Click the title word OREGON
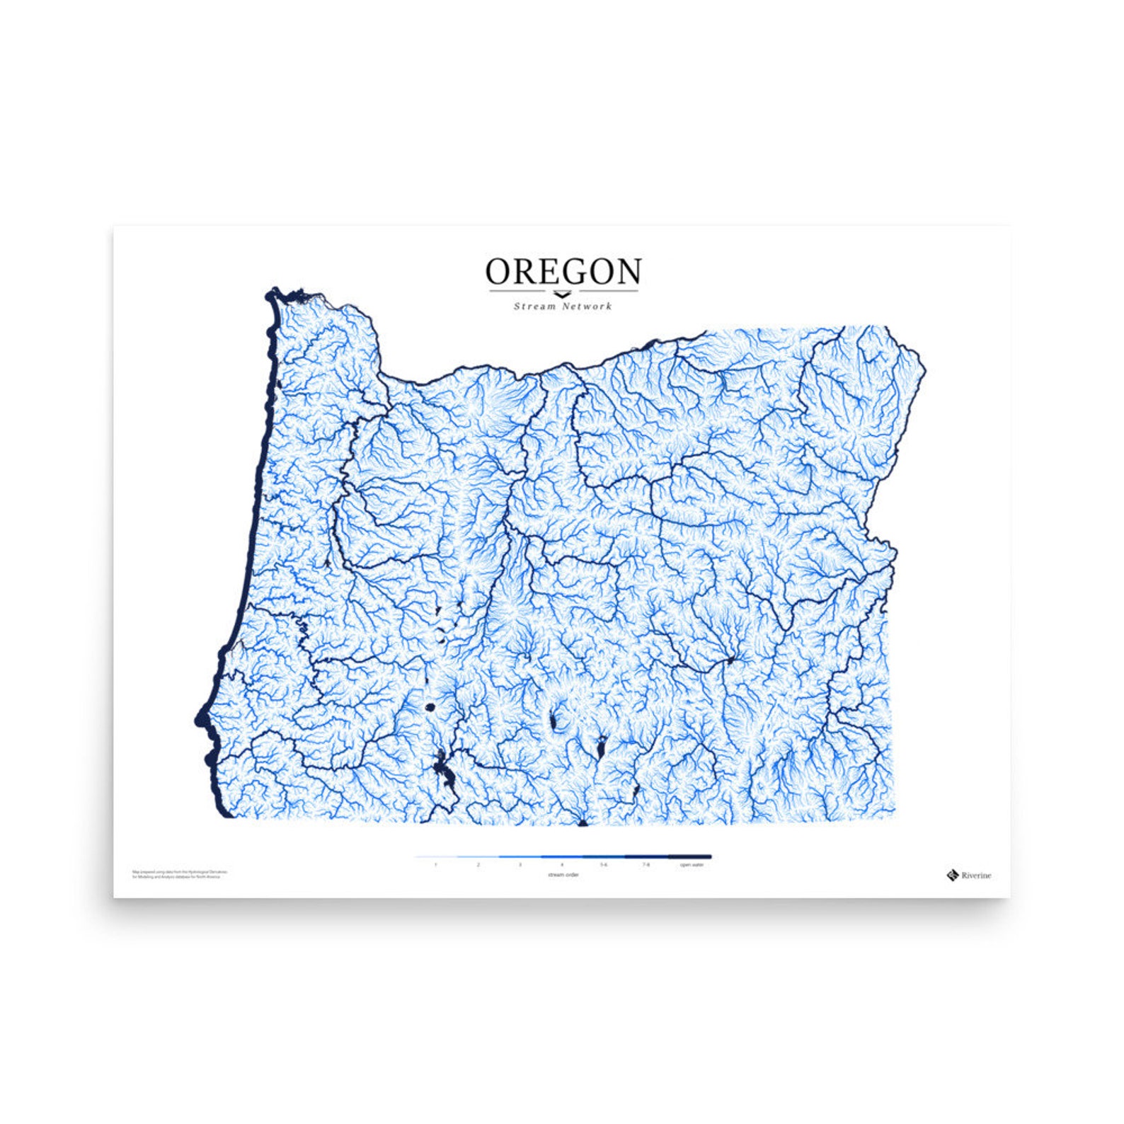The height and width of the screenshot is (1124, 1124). coord(563,271)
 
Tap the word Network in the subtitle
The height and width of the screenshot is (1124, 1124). coord(587,306)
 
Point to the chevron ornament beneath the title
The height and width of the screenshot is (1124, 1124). coord(562,294)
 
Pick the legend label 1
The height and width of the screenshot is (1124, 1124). coord(435,865)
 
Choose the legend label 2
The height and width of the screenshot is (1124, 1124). coord(478,865)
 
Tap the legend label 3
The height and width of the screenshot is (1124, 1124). coord(520,865)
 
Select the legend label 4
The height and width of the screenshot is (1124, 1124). coord(562,865)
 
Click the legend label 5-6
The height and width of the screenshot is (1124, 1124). coord(604,865)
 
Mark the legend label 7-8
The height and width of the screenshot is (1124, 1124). coord(646,865)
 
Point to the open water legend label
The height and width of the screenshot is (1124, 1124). coord(692,865)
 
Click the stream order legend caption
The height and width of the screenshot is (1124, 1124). coord(563,876)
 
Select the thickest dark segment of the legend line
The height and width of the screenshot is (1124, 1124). coord(690,856)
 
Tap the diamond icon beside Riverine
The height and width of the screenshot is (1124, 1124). coord(953,876)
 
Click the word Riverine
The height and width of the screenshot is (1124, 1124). coord(976,876)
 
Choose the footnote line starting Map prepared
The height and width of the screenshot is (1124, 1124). coord(180,872)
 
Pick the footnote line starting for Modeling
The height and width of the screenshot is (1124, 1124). coord(176,877)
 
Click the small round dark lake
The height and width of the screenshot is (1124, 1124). coord(429,706)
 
